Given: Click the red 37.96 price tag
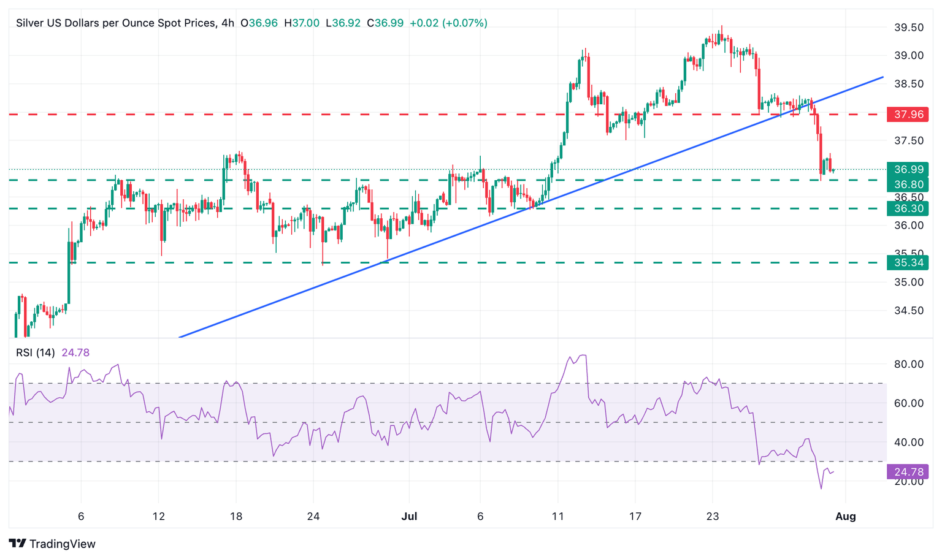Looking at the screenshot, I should click(x=908, y=115).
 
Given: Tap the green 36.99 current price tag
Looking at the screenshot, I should click(x=908, y=170).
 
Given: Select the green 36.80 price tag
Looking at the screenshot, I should click(x=908, y=184).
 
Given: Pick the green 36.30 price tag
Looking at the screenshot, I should click(x=908, y=209).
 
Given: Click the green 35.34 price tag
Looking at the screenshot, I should click(x=908, y=263).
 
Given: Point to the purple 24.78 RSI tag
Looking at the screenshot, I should click(x=908, y=472).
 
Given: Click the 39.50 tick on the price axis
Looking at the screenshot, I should click(x=908, y=28).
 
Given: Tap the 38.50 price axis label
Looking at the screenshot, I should click(x=908, y=84).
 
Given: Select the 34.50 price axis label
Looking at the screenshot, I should click(x=908, y=311).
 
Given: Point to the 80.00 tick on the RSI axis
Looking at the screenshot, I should click(x=908, y=364).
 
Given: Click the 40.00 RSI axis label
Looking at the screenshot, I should click(x=908, y=443).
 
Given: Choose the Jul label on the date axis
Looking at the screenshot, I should click(x=409, y=517).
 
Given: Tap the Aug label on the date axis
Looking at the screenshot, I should click(x=846, y=517).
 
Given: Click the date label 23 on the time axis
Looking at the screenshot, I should click(x=712, y=517).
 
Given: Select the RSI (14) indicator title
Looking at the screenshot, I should click(x=35, y=352).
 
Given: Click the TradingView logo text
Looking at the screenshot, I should click(x=62, y=544).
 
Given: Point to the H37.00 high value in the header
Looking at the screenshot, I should click(x=302, y=23).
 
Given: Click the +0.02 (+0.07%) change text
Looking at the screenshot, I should click(x=448, y=23).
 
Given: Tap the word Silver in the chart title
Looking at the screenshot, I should click(x=29, y=23).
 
